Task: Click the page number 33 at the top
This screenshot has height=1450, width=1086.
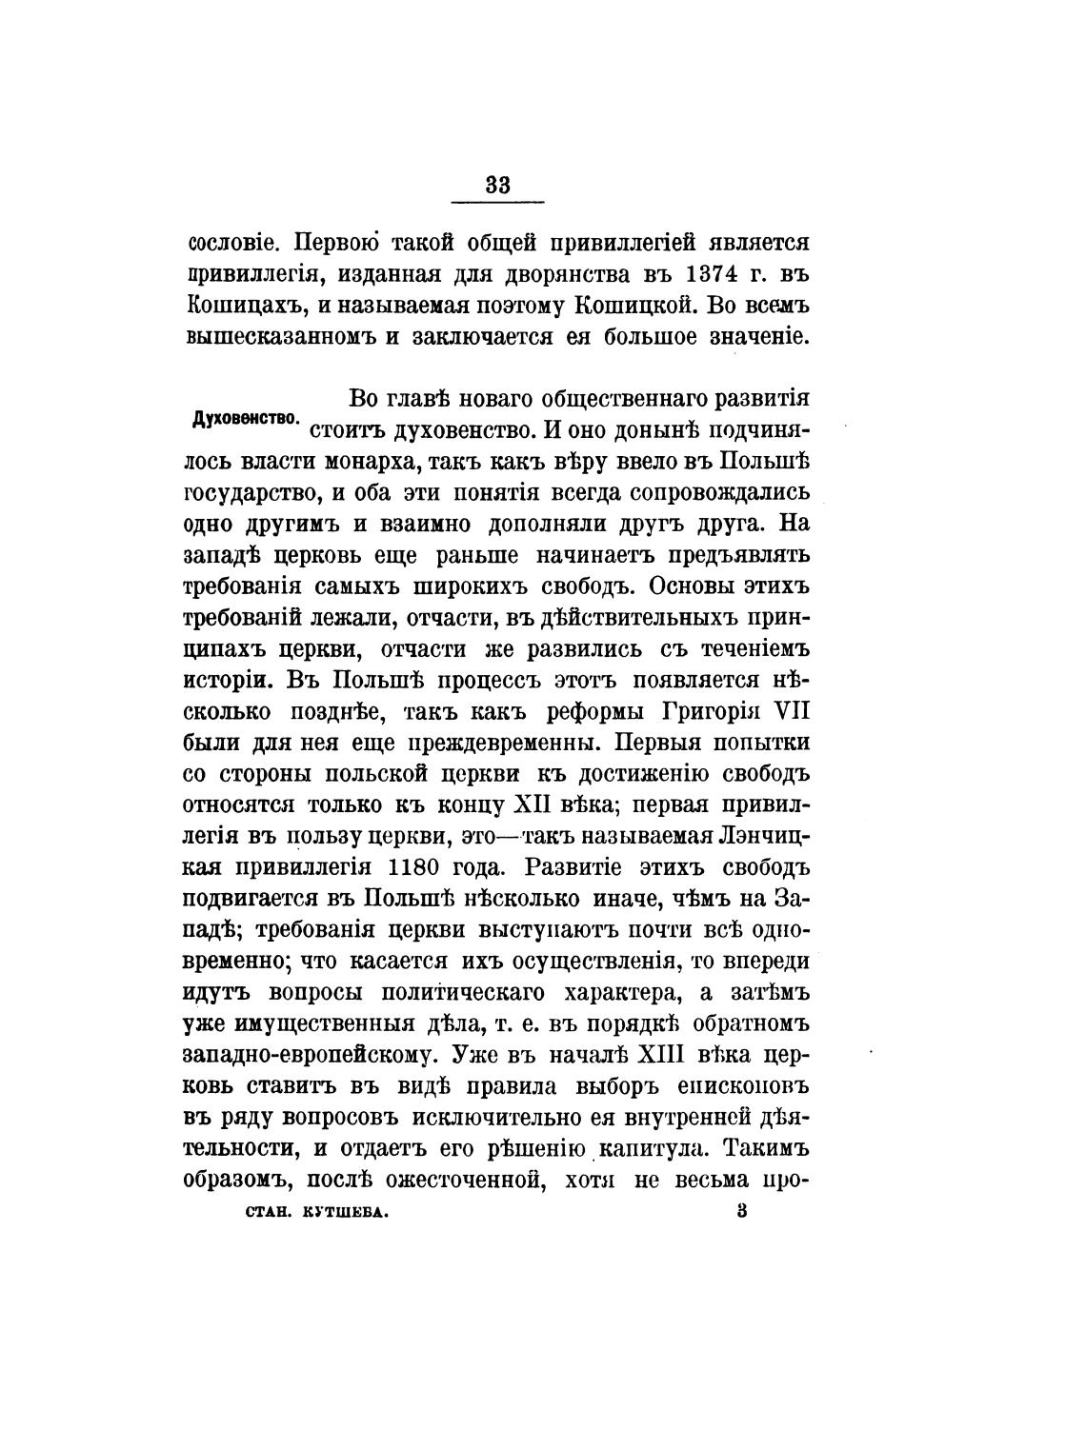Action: (x=497, y=185)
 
